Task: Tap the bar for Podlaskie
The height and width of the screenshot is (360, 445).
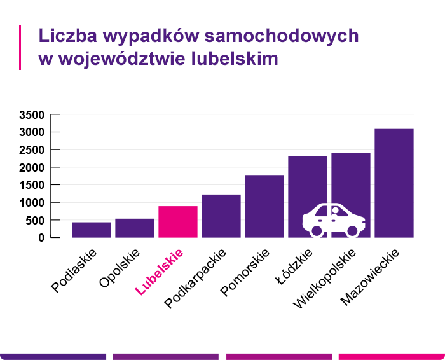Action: tap(92, 230)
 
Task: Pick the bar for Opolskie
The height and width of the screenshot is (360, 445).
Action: tap(135, 228)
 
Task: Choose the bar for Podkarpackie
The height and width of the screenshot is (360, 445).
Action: tap(221, 216)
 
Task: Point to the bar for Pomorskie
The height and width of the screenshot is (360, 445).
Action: tap(264, 206)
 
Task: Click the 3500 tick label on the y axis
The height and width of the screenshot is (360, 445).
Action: tap(31, 115)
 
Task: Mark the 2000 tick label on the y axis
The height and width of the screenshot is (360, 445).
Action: tap(31, 168)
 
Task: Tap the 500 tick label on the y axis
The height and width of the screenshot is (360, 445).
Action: tap(34, 221)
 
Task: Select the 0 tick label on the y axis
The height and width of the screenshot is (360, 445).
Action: tap(41, 238)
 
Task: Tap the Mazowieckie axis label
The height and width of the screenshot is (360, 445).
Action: tap(370, 277)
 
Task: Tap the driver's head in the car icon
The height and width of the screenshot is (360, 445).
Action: tap(334, 211)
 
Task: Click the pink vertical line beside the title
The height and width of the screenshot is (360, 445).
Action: tap(21, 47)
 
